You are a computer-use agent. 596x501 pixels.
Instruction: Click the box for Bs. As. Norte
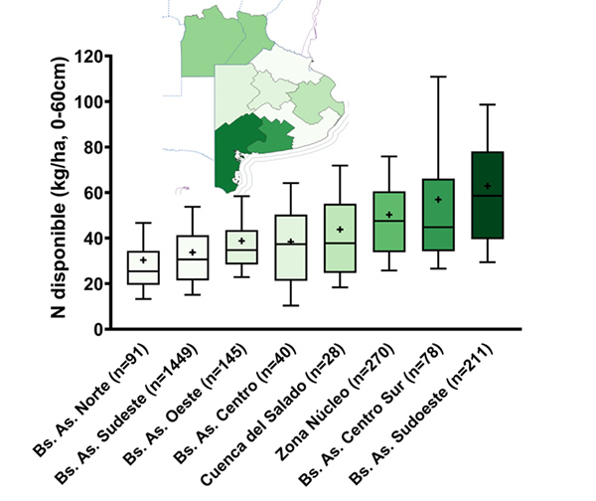click(144, 267)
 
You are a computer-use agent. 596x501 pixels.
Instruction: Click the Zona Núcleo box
click(388, 222)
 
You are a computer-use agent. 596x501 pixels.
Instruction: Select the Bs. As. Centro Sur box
click(437, 215)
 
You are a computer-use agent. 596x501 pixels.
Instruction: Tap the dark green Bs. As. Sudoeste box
click(487, 195)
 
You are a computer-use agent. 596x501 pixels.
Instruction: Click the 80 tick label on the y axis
click(91, 148)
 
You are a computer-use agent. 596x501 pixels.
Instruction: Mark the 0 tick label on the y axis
click(97, 330)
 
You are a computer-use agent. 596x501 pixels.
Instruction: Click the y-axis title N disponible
click(60, 193)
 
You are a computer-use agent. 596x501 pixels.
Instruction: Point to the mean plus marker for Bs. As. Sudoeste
click(487, 186)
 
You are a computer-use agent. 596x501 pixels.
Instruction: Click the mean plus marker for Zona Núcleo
click(389, 215)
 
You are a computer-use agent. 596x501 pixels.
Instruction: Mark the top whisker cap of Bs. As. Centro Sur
click(437, 77)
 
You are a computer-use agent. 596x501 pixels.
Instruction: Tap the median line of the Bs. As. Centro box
click(290, 244)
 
